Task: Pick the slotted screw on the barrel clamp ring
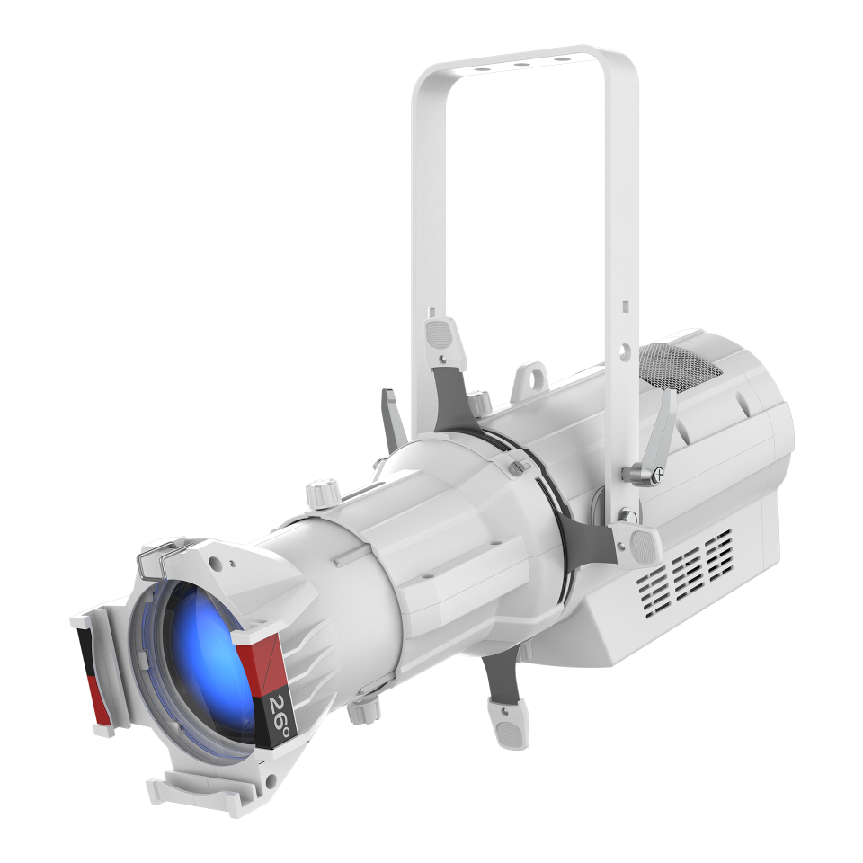pos(516,467)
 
